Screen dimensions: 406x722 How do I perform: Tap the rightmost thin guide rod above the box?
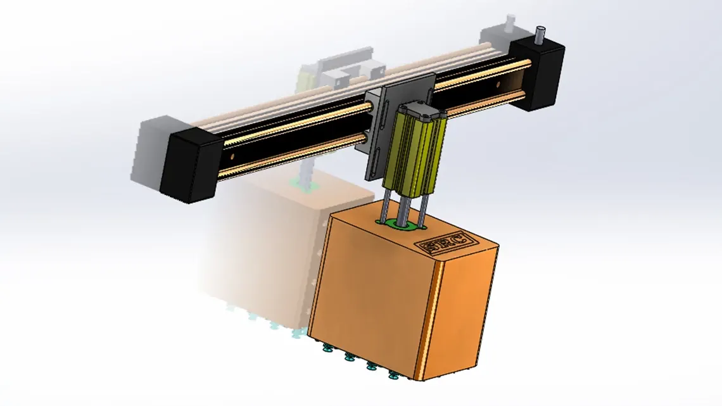[x=424, y=205]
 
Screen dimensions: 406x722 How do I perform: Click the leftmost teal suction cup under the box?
[x=327, y=348]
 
